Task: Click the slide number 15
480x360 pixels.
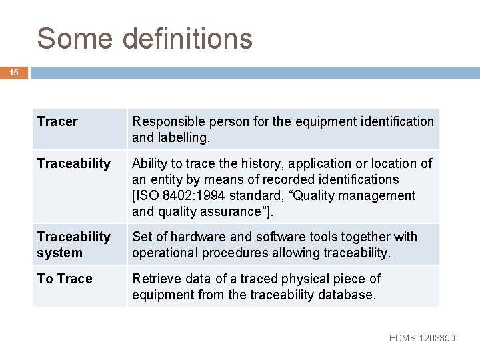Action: pyautogui.click(x=14, y=71)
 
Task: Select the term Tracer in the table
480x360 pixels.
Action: pyautogui.click(x=57, y=121)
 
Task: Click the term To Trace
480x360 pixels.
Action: pyautogui.click(x=65, y=279)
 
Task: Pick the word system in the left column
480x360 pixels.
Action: pyautogui.click(x=60, y=253)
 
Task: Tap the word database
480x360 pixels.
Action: pyautogui.click(x=347, y=295)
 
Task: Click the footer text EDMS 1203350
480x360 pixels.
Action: pyautogui.click(x=422, y=339)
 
